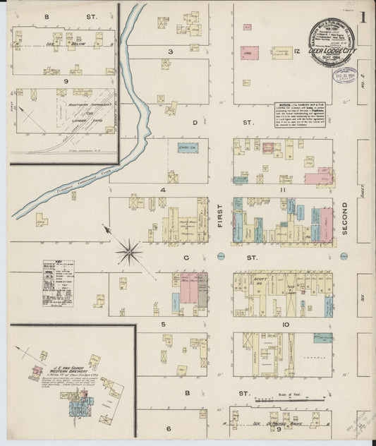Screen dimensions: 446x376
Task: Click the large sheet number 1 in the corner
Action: click(365, 19)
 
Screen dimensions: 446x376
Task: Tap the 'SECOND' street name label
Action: click(344, 219)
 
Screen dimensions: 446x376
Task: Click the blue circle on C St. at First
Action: click(220, 255)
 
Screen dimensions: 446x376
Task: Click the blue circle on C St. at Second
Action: click(344, 255)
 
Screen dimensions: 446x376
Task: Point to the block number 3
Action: click(170, 52)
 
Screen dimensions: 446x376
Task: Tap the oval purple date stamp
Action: click(346, 76)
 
